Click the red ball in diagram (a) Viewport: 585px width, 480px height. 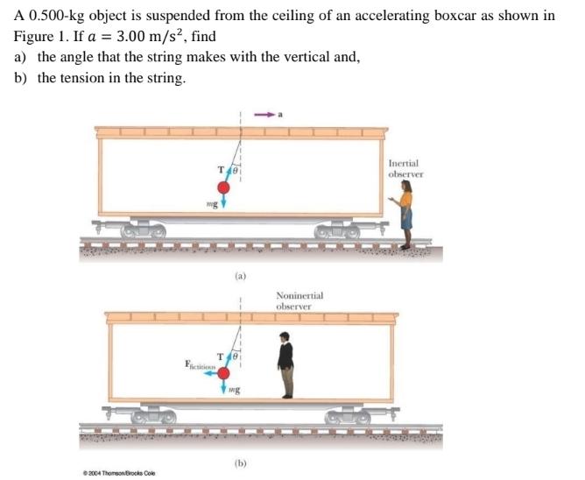pos(223,187)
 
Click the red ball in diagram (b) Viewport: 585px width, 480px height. pos(223,373)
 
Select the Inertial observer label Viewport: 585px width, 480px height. pos(405,168)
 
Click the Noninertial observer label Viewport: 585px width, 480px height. pos(299,300)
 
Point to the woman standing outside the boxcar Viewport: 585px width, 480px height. pos(405,219)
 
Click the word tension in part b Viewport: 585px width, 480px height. pos(80,78)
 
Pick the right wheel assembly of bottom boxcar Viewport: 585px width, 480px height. pos(346,419)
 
